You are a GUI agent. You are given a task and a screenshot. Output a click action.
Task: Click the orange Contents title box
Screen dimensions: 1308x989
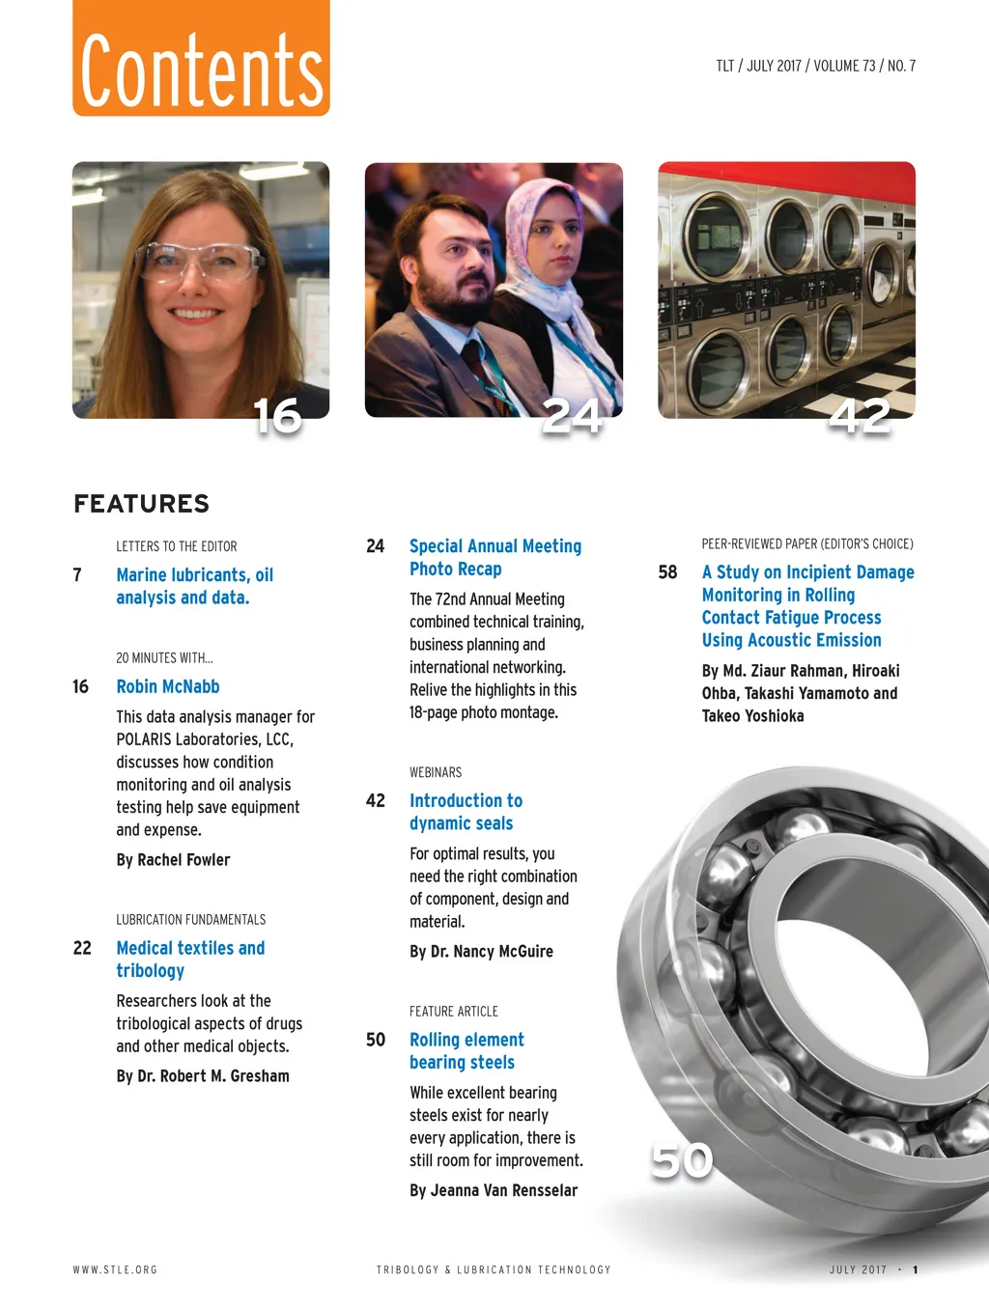(201, 61)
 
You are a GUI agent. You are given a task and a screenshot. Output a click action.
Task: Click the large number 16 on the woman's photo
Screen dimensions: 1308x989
(277, 417)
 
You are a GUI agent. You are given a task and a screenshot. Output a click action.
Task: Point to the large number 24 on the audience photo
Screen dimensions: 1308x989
(572, 417)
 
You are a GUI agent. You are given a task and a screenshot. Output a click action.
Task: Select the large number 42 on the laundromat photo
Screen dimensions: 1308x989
(860, 417)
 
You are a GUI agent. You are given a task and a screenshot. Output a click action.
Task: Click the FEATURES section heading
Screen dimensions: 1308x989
(141, 504)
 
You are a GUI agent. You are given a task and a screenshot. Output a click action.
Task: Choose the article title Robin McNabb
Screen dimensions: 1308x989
(168, 686)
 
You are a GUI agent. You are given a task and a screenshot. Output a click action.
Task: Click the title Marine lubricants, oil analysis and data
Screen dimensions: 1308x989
(194, 586)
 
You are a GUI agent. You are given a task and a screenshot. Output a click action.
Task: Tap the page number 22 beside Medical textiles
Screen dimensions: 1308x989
(82, 948)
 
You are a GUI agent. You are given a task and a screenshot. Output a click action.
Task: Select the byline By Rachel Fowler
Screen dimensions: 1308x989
(173, 859)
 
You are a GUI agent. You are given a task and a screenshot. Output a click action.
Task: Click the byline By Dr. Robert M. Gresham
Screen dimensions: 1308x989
(203, 1075)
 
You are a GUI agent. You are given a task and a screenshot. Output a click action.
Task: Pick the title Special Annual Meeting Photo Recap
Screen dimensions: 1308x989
(494, 557)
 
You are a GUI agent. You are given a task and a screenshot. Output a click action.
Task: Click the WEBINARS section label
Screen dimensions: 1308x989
(436, 772)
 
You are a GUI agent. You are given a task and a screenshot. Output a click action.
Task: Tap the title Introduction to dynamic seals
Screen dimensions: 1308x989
(465, 812)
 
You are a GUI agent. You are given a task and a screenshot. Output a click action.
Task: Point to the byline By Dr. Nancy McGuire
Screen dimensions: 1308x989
(481, 951)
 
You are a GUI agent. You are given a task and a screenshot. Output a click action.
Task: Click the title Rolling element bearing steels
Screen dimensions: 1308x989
(466, 1050)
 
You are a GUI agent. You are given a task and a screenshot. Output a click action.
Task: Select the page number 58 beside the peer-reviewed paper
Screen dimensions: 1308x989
(667, 572)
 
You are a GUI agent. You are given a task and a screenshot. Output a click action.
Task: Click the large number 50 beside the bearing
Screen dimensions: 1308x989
(682, 1160)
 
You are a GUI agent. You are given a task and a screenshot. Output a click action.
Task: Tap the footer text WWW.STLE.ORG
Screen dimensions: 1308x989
(115, 1269)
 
